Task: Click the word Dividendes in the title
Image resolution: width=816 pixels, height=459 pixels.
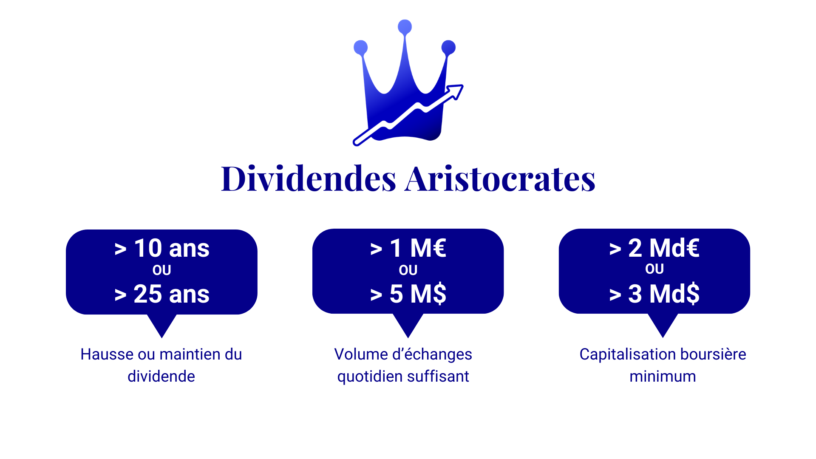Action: (309, 178)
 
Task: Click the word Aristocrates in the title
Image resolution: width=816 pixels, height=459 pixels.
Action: (500, 178)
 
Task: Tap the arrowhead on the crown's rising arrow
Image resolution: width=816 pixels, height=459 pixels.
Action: (456, 91)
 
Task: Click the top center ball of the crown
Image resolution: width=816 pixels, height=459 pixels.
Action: (405, 27)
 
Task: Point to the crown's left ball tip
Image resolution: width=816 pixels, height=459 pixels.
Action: (360, 47)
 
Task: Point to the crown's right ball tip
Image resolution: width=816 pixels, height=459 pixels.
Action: (448, 47)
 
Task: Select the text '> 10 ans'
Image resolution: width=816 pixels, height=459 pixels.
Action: (162, 248)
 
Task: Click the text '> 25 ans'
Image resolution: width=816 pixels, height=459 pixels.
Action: (162, 294)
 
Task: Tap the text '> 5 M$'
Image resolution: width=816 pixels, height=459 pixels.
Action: (408, 294)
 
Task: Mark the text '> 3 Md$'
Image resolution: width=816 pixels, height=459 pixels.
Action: (654, 294)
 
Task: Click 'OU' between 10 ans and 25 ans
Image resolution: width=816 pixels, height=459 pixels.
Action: (162, 270)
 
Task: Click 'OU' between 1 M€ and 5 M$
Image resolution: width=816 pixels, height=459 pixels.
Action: (408, 270)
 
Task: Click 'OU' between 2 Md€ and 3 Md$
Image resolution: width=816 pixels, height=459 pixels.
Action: (654, 269)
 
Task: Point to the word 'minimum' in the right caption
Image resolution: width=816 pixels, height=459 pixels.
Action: (663, 377)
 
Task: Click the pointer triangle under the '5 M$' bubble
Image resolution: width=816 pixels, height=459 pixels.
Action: (408, 324)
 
